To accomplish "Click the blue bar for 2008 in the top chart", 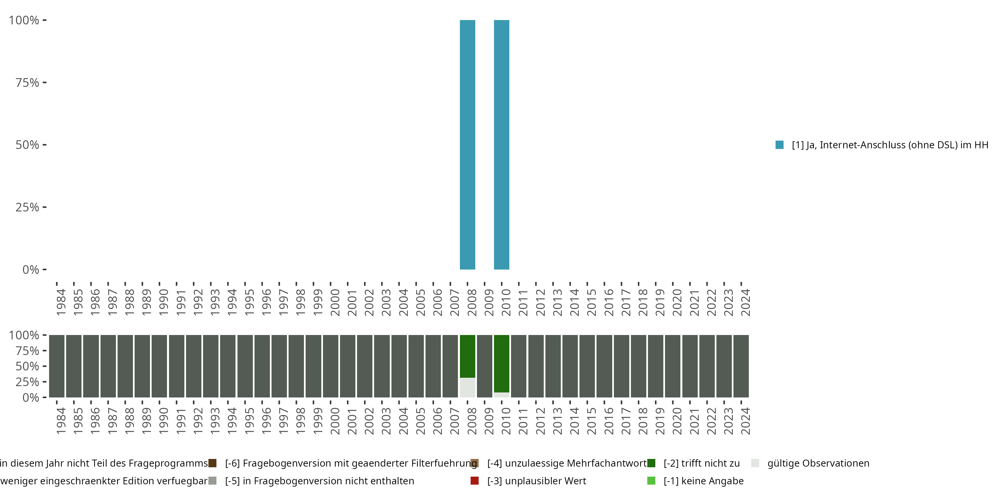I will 467,145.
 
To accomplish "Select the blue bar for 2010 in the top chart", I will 501,145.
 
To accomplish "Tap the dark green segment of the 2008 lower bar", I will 467,356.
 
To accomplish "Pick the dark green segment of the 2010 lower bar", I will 501,363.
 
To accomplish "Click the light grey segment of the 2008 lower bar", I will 467,387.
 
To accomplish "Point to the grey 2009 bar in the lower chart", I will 484,366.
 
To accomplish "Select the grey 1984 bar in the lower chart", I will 57,366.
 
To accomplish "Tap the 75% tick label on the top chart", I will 27,82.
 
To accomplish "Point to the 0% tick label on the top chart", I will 31,270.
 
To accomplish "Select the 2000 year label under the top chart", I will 335,303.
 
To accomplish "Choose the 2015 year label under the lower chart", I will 591,421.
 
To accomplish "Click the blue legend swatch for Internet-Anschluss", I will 780,145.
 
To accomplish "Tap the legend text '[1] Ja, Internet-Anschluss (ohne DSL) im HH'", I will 889,145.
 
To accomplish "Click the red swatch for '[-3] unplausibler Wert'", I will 474,481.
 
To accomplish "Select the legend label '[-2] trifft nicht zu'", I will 701,463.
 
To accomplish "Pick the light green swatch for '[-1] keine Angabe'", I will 651,481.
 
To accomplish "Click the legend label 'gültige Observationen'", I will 818,463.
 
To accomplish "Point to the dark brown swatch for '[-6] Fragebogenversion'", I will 212,463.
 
